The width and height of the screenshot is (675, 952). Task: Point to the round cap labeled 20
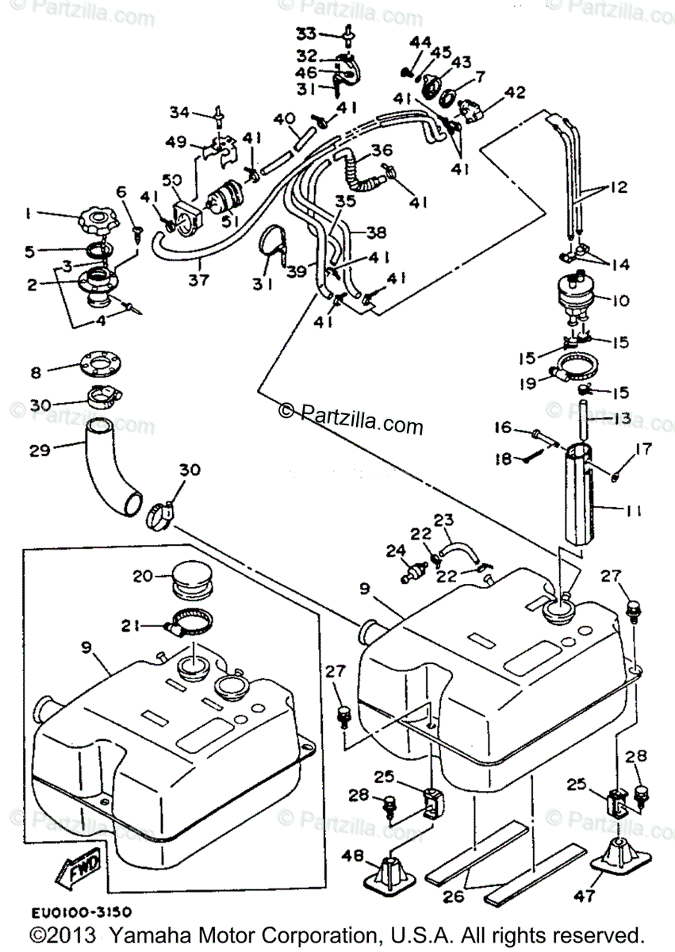[x=190, y=583]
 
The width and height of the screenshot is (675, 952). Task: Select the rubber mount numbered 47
[x=623, y=860]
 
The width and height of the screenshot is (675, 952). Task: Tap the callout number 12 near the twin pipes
[x=619, y=188]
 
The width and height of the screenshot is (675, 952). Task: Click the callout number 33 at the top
[x=306, y=33]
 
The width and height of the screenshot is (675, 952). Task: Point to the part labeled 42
[x=473, y=107]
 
